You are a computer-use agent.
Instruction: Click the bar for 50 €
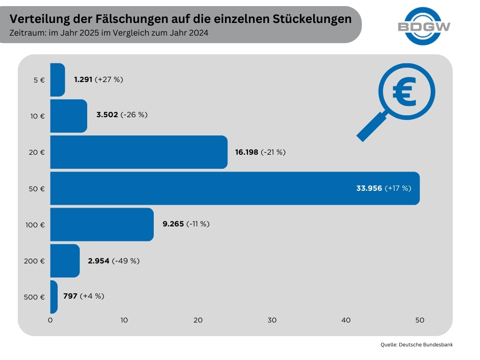[234, 188]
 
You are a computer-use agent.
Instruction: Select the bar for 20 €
[138, 152]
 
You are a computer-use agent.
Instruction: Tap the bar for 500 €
[53, 297]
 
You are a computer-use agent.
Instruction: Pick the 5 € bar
[57, 80]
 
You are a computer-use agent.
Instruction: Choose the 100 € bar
[102, 224]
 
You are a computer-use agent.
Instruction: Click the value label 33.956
[369, 188]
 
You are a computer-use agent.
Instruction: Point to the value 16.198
[247, 152]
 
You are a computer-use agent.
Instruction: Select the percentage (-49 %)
[126, 261]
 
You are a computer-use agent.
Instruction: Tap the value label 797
[70, 296]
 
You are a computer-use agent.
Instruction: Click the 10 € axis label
[37, 116]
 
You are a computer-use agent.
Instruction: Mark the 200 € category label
[34, 261]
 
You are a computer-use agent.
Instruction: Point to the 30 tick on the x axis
[272, 320]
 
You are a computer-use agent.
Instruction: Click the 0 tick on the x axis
[50, 320]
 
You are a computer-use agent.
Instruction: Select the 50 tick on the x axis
[420, 320]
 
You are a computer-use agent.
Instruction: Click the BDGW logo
[424, 26]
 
